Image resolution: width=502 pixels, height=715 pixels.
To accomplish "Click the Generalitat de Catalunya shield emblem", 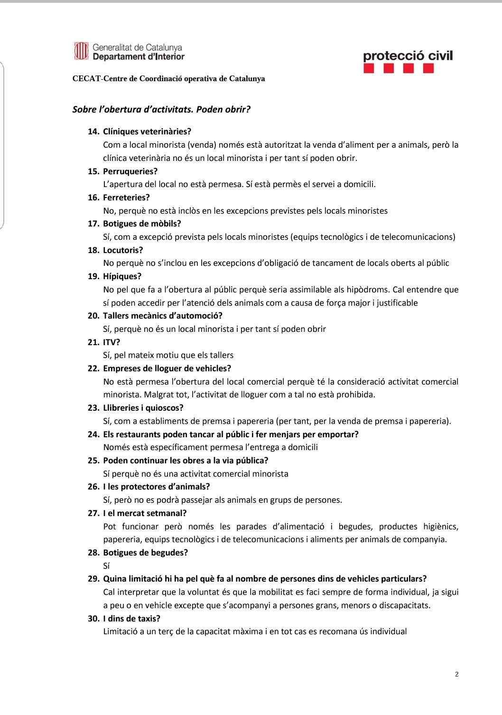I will click(x=81, y=51).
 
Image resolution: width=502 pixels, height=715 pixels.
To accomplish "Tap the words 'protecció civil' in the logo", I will click(x=408, y=56).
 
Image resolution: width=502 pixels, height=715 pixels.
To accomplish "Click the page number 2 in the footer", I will click(x=456, y=674).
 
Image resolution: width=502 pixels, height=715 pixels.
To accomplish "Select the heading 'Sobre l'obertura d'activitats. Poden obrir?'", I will click(x=161, y=110).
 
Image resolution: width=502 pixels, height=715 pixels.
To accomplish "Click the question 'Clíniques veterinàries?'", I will click(x=147, y=132).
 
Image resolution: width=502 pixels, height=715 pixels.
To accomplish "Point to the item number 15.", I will click(x=93, y=171).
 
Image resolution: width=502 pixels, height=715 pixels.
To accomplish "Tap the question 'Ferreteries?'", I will click(x=126, y=198).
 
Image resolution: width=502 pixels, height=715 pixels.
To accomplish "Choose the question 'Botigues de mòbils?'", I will click(x=142, y=224).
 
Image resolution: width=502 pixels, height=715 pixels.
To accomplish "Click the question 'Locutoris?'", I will click(x=123, y=250).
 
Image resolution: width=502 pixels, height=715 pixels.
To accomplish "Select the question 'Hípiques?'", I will click(x=122, y=276).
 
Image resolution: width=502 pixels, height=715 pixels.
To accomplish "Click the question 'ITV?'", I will click(x=112, y=342).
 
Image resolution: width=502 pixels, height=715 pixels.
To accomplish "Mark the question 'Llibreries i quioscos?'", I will click(x=143, y=408).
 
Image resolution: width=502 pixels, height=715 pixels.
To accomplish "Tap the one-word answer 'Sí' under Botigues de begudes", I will click(x=106, y=566).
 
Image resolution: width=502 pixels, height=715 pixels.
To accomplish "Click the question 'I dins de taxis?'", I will click(x=131, y=619).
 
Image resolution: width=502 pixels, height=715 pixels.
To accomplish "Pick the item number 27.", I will click(x=93, y=513).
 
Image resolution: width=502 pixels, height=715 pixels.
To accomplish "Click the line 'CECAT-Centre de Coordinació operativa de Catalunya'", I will click(x=168, y=79).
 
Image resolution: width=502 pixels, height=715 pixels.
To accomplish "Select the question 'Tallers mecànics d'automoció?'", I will click(x=163, y=316).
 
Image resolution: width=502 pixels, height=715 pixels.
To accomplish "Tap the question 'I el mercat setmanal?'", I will click(x=145, y=513).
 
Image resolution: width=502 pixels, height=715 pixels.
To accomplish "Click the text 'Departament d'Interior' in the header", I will click(x=139, y=57).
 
